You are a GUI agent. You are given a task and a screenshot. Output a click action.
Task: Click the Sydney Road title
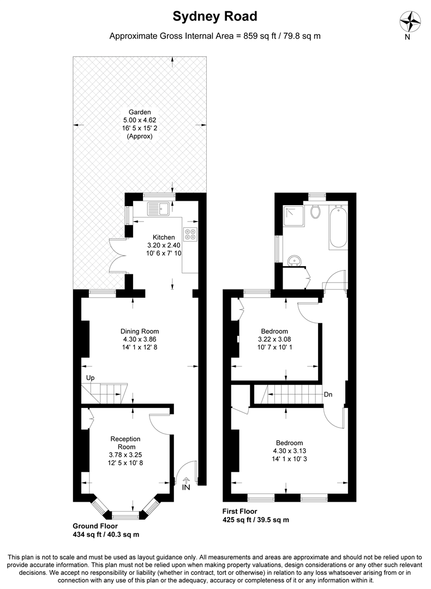coord(215,16)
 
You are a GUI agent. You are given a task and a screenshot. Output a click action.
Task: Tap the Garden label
coord(140,112)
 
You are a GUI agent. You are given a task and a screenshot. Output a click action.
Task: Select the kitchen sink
coord(159,209)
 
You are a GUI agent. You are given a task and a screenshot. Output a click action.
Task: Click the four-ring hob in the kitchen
coord(190,235)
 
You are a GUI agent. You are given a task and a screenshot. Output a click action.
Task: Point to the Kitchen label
coord(164,237)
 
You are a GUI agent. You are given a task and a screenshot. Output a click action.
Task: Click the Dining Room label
coord(140,332)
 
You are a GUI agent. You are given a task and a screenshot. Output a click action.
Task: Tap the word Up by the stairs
coord(90,378)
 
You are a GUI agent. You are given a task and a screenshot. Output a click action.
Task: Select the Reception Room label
coord(125,443)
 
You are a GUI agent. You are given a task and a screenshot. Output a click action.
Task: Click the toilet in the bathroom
coord(316,212)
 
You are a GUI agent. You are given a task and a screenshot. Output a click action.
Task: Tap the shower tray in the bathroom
coord(294,217)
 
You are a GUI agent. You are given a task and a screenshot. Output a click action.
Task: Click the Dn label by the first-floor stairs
coord(328,394)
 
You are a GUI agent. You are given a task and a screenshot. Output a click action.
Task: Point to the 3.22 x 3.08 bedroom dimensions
coord(274,339)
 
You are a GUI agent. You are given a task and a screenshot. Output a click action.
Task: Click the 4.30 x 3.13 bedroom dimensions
coord(290,451)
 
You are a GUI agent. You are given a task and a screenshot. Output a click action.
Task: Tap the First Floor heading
coord(240,511)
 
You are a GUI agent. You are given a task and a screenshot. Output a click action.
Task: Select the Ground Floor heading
coord(95,526)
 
